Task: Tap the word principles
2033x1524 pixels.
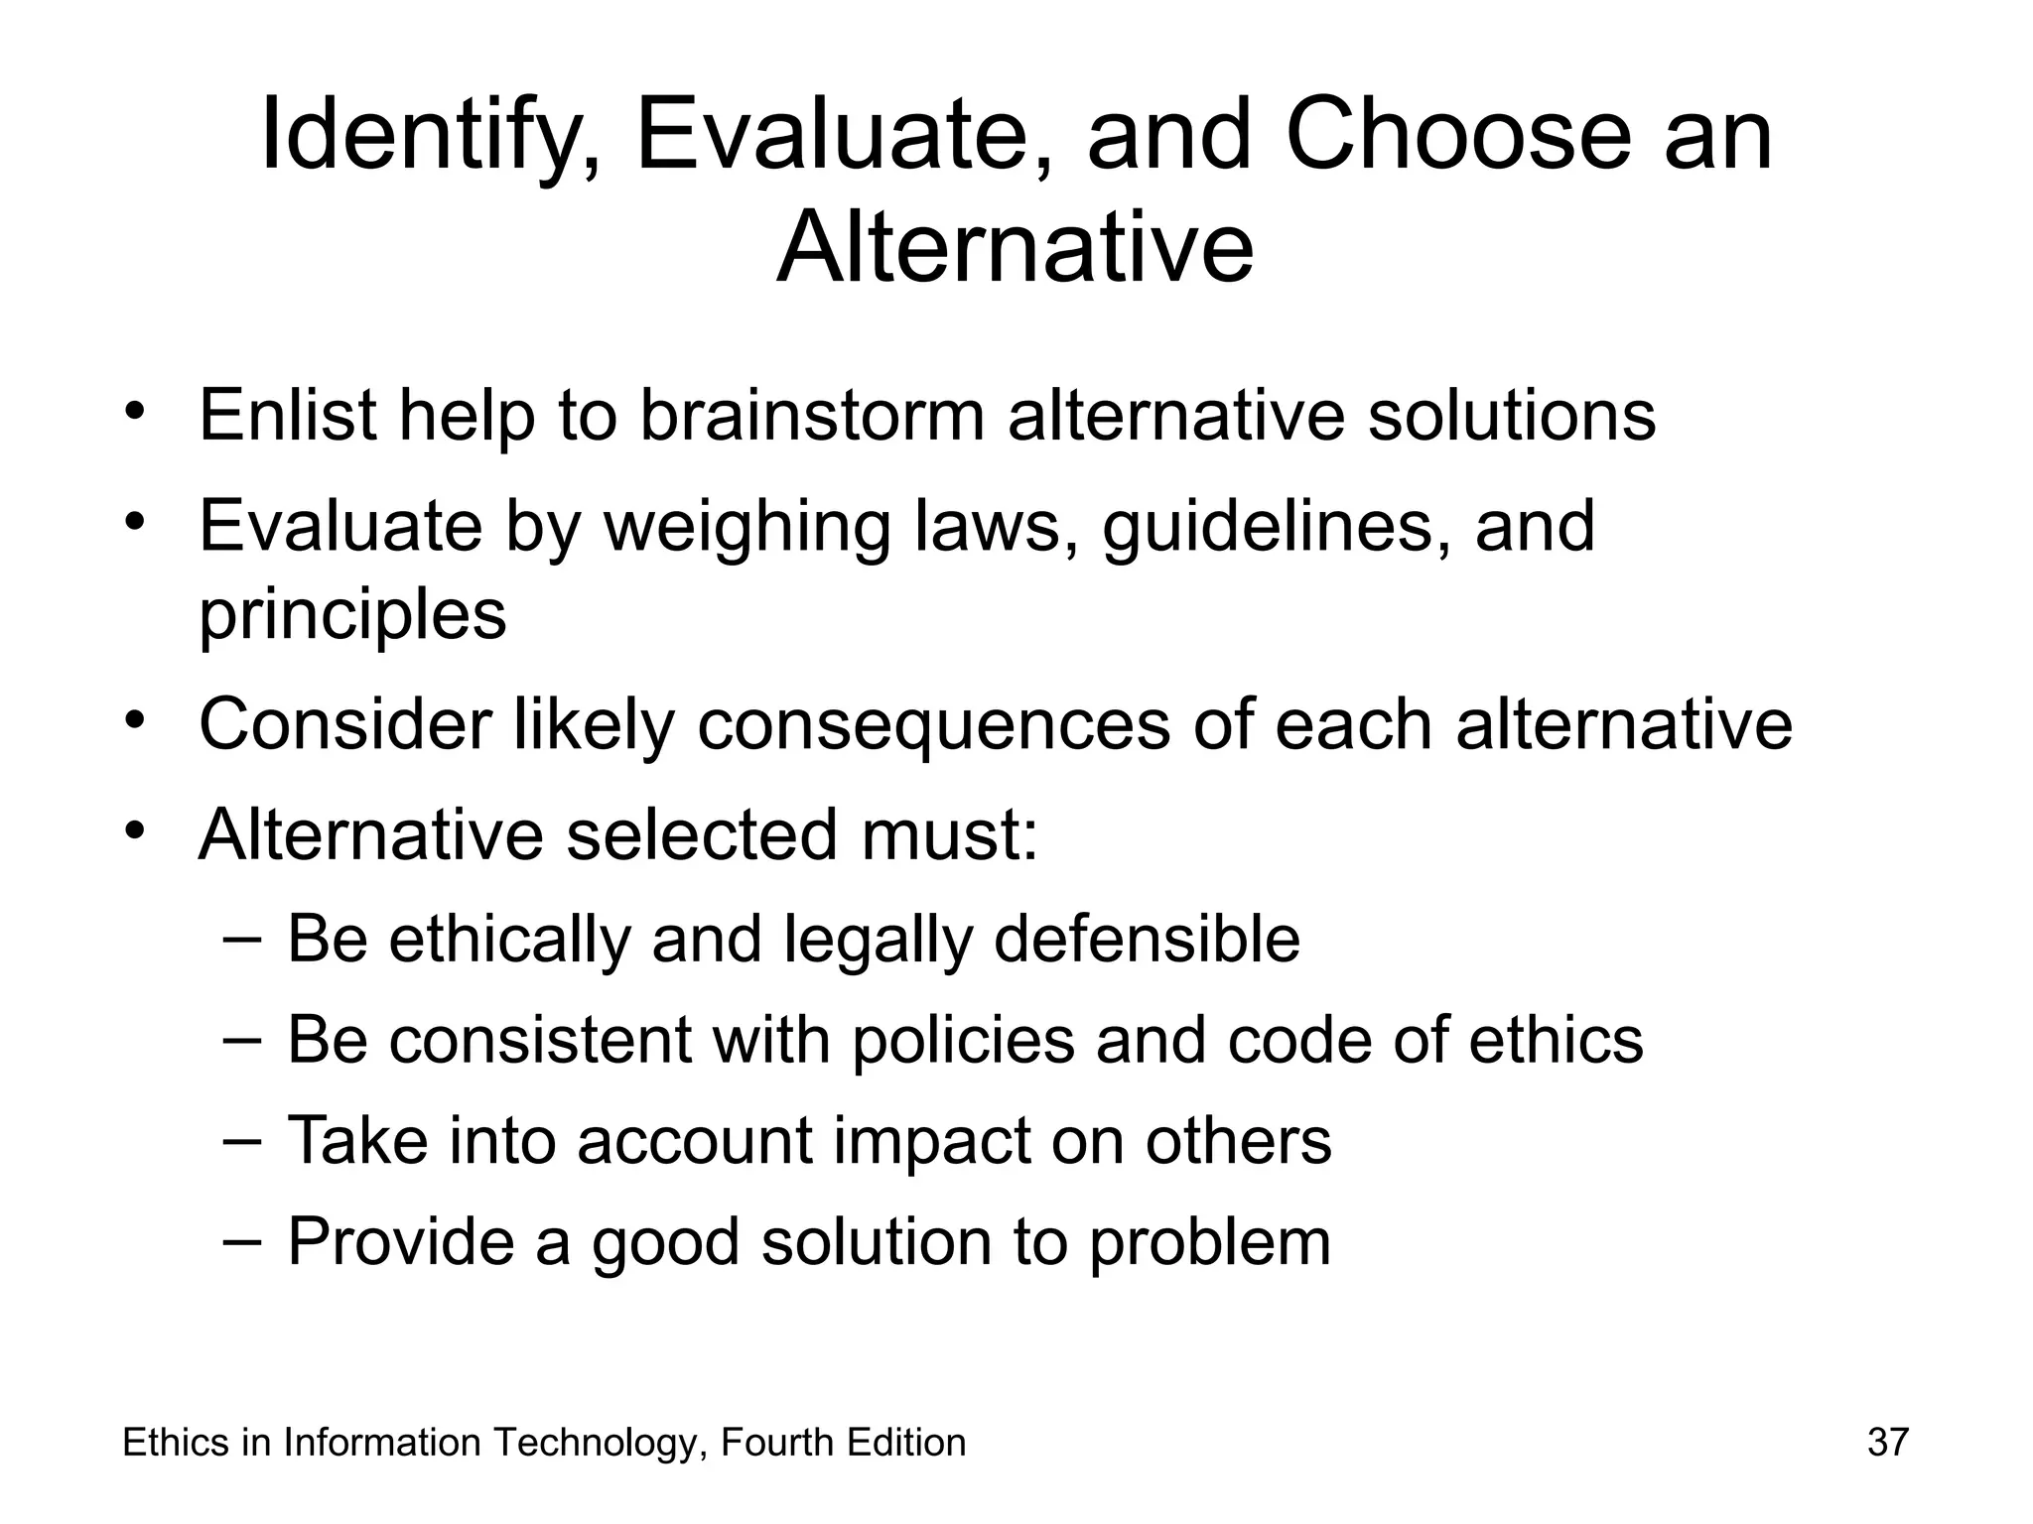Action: tap(352, 615)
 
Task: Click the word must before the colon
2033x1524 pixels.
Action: tap(948, 835)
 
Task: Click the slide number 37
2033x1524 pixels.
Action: tap(1887, 1442)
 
